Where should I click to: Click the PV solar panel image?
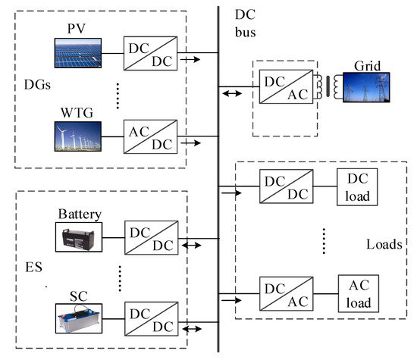point(80,53)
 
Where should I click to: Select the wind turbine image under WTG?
point(80,135)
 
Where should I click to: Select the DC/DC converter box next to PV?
point(151,53)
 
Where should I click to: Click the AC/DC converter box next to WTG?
point(151,135)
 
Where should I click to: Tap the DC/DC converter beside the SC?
point(151,319)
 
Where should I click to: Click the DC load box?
point(356,188)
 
